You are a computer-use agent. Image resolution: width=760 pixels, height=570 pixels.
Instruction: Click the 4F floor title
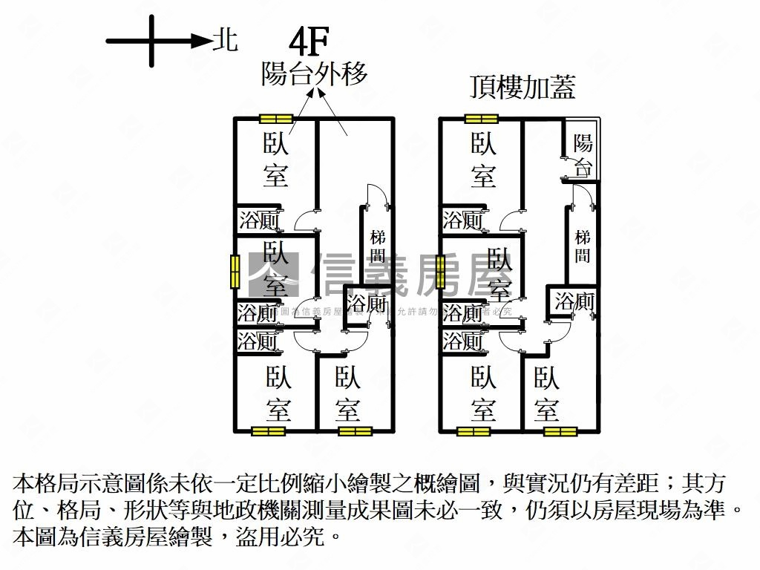(x=310, y=44)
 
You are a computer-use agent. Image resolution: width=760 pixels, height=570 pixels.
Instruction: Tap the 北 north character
(x=225, y=40)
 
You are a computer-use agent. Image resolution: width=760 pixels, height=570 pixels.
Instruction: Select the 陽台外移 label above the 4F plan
(x=314, y=74)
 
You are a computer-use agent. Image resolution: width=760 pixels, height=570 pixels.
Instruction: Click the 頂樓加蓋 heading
(x=522, y=88)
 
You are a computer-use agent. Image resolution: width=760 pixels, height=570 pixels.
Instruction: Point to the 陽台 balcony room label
(x=583, y=155)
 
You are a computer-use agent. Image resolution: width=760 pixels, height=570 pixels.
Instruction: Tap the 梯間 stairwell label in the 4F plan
(x=378, y=247)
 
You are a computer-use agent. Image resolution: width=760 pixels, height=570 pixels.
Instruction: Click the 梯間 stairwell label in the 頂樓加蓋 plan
(x=583, y=247)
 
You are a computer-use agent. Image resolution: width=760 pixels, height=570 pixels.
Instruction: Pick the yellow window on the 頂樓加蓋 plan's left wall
(x=440, y=271)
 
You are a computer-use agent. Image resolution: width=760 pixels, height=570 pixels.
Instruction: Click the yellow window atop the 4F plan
(x=276, y=118)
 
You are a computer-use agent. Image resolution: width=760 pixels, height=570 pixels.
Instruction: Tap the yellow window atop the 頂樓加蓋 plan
(x=481, y=118)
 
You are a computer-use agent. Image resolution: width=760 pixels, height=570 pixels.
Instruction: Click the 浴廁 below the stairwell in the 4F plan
(x=367, y=304)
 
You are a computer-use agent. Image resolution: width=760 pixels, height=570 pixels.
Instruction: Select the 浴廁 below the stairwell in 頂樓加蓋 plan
(x=574, y=302)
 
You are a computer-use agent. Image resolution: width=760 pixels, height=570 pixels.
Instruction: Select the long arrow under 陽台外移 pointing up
(x=332, y=111)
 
